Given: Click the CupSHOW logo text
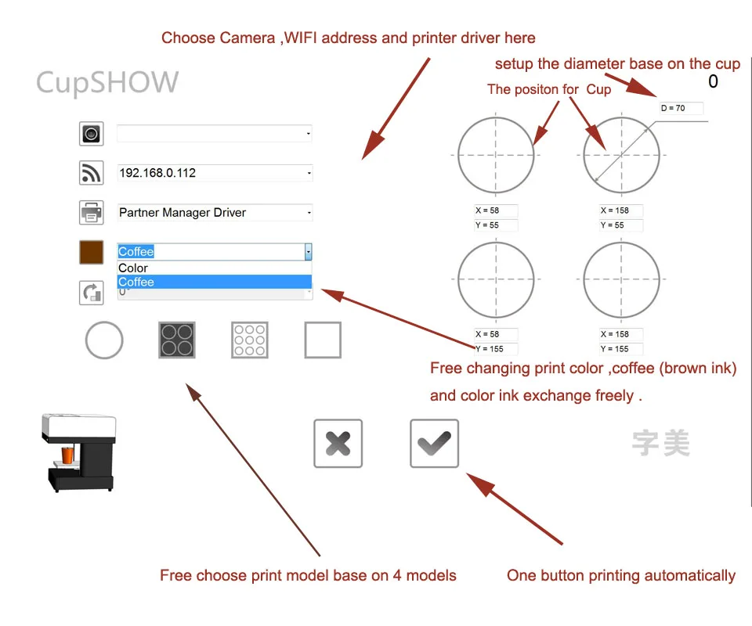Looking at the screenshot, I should point(107,82).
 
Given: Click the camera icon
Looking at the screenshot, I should point(92,134).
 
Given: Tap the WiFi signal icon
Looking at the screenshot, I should point(92,173).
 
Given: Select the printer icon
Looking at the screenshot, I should point(92,212).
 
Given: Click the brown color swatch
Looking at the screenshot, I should point(92,252).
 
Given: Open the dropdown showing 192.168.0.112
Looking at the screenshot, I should point(214,173).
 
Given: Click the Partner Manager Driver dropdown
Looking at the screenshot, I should point(214,212).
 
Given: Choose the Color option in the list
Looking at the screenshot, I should point(214,268).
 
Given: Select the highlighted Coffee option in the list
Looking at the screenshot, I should point(214,282).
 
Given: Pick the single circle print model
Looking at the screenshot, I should point(104,340).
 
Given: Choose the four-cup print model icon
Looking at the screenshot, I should point(177,340).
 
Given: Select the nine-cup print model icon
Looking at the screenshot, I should point(250,340).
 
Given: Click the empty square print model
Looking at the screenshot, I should point(323,340).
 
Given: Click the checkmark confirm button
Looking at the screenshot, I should point(434,444).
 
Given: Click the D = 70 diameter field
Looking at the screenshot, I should point(680,108).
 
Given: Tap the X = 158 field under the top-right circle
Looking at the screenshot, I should point(620,210).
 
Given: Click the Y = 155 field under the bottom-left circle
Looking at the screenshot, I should point(495,349).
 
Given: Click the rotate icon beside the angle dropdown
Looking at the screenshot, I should point(92,293).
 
